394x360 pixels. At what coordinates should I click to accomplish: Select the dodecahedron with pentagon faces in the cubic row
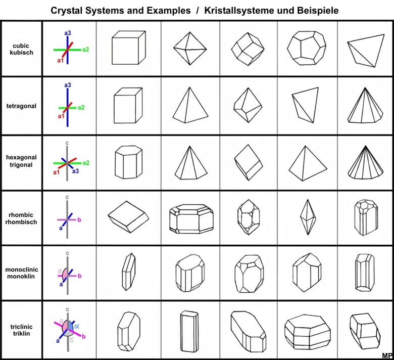tap(307, 48)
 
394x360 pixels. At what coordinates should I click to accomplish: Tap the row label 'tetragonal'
tap(21, 106)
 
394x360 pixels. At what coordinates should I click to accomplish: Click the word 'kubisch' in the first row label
tap(21, 52)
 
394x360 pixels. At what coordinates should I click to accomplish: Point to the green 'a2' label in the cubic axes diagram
tap(85, 49)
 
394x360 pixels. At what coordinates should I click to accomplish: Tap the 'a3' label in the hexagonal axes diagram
tap(75, 171)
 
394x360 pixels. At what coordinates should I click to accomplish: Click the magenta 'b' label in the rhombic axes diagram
tap(79, 220)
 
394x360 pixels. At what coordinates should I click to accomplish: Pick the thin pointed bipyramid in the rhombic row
tap(307, 217)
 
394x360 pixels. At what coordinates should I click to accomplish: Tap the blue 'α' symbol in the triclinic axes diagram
tap(77, 326)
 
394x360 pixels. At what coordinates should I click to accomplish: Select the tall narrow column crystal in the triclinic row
tap(187, 330)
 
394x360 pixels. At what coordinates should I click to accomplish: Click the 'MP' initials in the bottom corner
tap(387, 355)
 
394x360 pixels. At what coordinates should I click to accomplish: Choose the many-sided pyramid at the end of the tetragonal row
tap(365, 105)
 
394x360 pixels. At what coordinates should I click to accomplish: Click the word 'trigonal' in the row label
tap(21, 165)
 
